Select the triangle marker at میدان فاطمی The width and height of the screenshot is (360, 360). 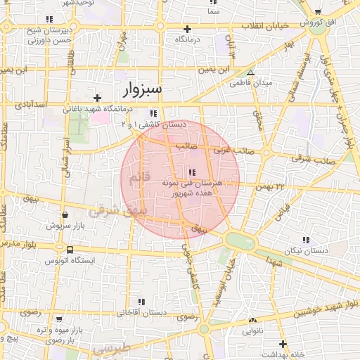click(x=250, y=72)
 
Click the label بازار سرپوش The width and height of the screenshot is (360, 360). click(x=65, y=226)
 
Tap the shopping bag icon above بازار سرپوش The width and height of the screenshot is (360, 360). click(x=65, y=214)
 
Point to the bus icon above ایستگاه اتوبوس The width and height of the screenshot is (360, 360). click(x=69, y=250)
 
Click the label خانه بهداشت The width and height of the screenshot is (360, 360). click(x=281, y=355)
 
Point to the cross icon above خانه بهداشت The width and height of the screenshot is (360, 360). click(x=283, y=344)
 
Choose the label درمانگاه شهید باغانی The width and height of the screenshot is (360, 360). click(x=113, y=108)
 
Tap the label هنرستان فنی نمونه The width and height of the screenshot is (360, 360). click(x=202, y=182)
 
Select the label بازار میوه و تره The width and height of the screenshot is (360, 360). click(x=70, y=330)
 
